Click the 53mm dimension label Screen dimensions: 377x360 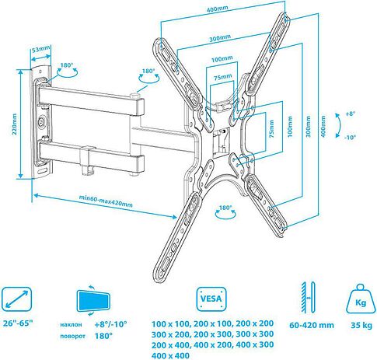pyautogui.click(x=40, y=49)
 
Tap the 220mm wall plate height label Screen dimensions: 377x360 pyautogui.click(x=15, y=124)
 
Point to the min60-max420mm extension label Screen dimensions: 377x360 pyautogui.click(x=106, y=201)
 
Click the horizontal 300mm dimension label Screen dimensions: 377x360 pyautogui.click(x=220, y=38)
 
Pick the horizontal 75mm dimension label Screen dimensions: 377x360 pyautogui.click(x=222, y=77)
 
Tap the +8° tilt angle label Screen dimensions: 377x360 pyautogui.click(x=350, y=114)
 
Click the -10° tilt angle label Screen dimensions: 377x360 pyautogui.click(x=350, y=137)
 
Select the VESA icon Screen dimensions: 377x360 pyautogui.click(x=211, y=299)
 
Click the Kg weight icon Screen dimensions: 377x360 pyautogui.click(x=361, y=299)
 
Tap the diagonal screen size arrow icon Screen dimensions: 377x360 pyautogui.click(x=16, y=299)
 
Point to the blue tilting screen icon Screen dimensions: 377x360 pyautogui.click(x=93, y=300)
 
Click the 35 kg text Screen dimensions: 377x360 pyautogui.click(x=361, y=325)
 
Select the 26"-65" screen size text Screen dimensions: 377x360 pyautogui.click(x=18, y=323)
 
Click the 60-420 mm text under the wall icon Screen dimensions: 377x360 pyautogui.click(x=312, y=325)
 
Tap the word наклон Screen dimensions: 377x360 pyautogui.click(x=71, y=324)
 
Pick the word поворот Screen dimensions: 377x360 pyautogui.click(x=72, y=336)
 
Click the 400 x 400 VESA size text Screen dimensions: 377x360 pyautogui.click(x=170, y=355)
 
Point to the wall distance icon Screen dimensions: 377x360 pyautogui.click(x=308, y=297)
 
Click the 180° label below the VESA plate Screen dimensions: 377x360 pyautogui.click(x=225, y=208)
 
